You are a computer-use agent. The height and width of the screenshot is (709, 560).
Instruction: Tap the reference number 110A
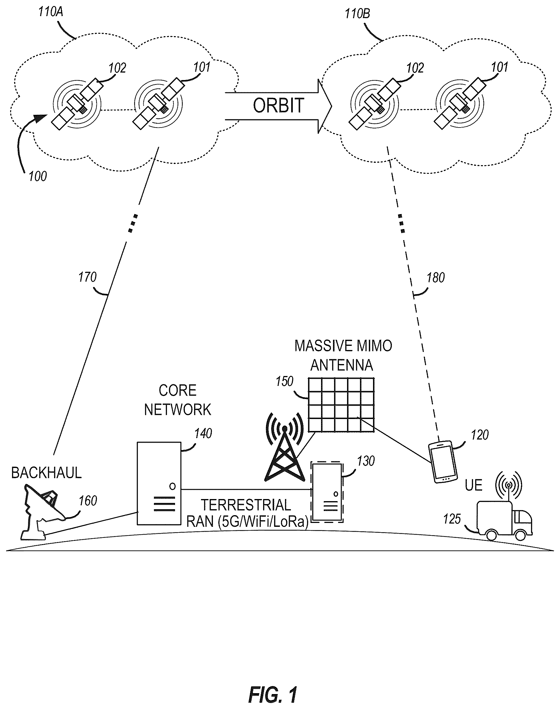[x=50, y=12]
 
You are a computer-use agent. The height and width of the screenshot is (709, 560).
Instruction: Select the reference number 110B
[x=358, y=14]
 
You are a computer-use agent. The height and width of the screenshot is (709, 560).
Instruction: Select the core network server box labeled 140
[x=159, y=484]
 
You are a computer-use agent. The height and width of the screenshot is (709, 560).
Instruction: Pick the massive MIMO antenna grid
[x=341, y=405]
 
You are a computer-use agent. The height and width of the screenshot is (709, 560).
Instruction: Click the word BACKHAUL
[x=46, y=473]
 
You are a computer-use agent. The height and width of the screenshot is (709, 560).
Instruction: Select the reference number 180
[x=435, y=278]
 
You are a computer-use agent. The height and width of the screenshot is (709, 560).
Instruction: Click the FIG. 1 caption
[x=273, y=685]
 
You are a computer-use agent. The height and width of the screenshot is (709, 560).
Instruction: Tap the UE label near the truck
[x=474, y=485]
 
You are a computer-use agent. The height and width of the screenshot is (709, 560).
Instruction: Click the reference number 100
[x=38, y=177]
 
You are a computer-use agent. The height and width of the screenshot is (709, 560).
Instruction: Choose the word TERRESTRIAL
[x=246, y=505]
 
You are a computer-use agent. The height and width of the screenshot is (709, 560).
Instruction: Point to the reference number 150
[x=284, y=382]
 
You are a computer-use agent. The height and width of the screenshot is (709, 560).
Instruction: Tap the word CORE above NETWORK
[x=177, y=390]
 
